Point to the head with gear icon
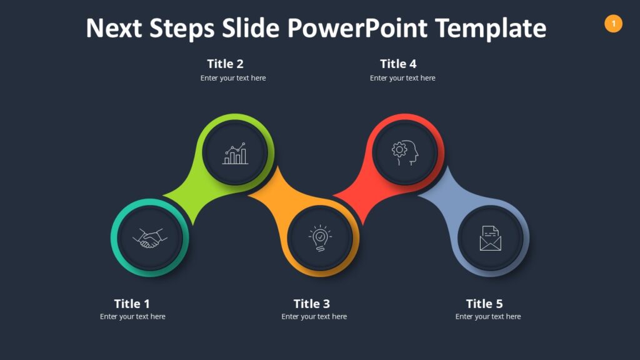click(x=405, y=152)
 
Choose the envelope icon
click(x=491, y=238)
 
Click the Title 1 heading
click(x=132, y=304)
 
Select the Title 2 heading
click(x=225, y=64)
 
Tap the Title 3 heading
click(x=311, y=304)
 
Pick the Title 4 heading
click(x=398, y=64)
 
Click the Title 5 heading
click(x=484, y=304)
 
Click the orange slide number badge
click(x=613, y=24)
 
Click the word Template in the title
click(x=491, y=28)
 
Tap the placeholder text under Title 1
click(x=132, y=317)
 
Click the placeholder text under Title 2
click(x=233, y=78)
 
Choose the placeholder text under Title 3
click(x=314, y=317)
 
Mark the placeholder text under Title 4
click(x=402, y=78)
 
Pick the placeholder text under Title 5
click(x=487, y=317)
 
